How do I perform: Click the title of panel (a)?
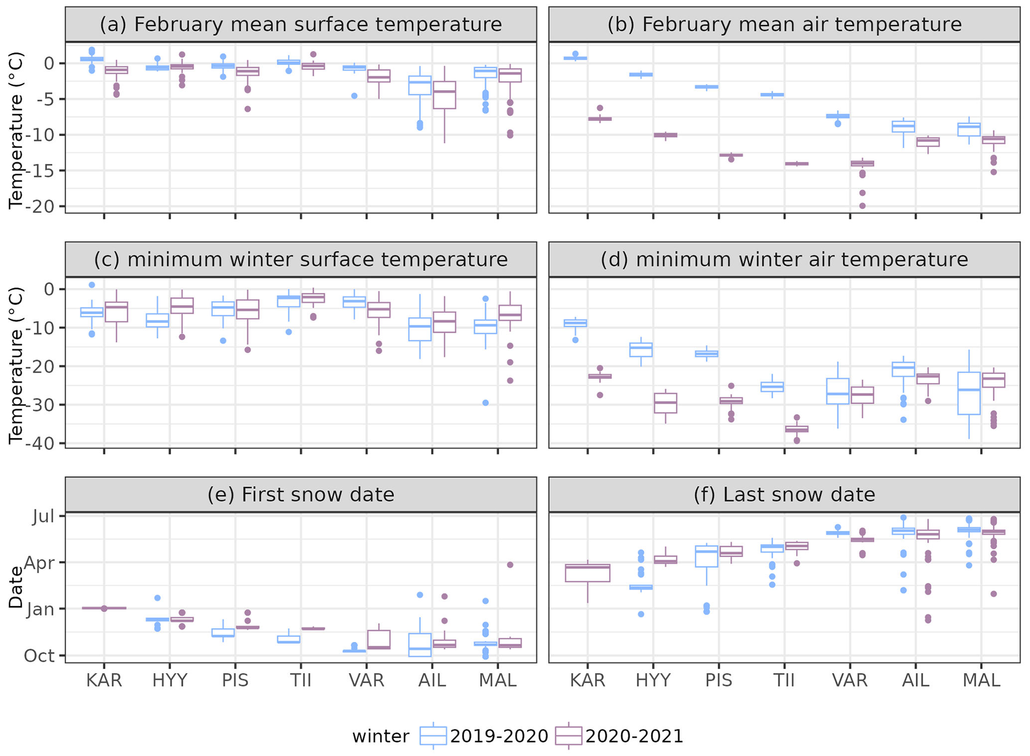click(300, 24)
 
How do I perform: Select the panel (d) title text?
click(784, 260)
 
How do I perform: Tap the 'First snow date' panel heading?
click(300, 494)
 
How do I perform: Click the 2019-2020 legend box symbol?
click(433, 736)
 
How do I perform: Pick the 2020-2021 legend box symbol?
click(569, 736)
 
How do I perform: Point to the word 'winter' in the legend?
click(381, 736)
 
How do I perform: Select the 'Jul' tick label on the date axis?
click(43, 516)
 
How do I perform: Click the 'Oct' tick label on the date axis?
click(40, 656)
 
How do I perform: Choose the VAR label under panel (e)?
click(366, 680)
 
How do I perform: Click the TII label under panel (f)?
click(784, 680)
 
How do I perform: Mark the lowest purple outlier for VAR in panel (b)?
click(862, 205)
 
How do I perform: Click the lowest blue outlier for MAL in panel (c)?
click(486, 403)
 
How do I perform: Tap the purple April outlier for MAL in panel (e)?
click(510, 565)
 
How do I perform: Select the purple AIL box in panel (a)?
click(444, 95)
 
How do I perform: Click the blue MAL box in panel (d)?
click(969, 393)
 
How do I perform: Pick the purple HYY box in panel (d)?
click(665, 403)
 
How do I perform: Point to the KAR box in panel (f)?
click(588, 573)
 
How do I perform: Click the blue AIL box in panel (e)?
click(420, 645)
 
